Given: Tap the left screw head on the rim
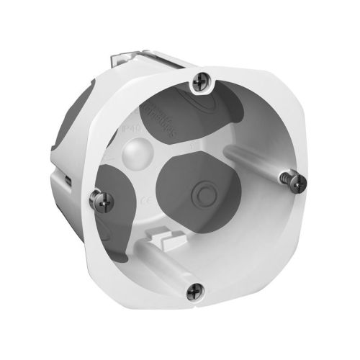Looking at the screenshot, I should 94,194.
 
